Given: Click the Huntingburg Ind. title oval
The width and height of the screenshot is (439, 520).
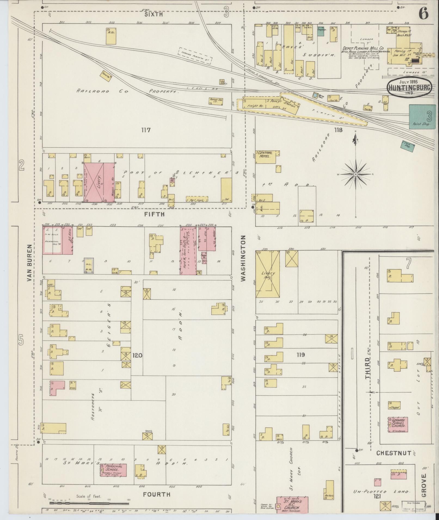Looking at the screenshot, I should [410, 88].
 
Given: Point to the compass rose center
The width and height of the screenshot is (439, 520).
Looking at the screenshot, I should [356, 174].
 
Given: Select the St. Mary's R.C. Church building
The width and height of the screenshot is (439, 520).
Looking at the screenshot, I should [293, 504].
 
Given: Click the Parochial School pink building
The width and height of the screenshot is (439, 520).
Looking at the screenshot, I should [113, 470].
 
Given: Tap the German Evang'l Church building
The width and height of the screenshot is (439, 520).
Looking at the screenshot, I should [398, 432].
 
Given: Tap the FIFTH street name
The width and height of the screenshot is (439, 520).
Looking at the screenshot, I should [155, 214].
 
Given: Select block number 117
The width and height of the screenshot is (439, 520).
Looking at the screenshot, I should [146, 130].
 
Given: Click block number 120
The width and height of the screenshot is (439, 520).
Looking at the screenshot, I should [137, 355].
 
